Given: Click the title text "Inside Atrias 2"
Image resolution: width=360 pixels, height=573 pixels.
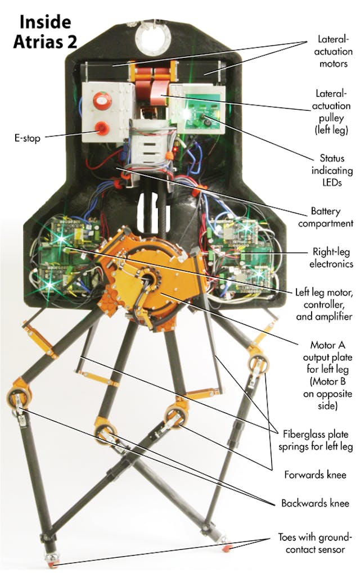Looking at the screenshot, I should pyautogui.click(x=45, y=32).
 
